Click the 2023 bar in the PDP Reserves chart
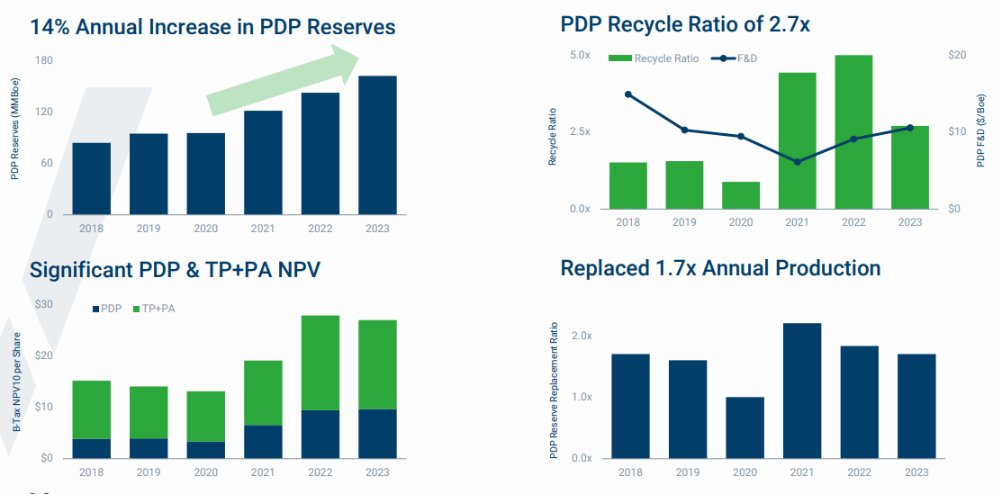coord(376,145)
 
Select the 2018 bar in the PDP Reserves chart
coord(91,178)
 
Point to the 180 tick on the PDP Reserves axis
coord(43,60)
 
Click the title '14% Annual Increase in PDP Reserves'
coord(212,26)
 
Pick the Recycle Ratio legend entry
coord(654,58)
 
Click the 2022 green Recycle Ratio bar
coord(853,131)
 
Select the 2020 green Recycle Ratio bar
coord(741,194)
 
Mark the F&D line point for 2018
coord(628,94)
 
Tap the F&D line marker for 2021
coord(797,162)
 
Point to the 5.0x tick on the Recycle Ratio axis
coord(580,55)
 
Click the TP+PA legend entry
coord(153,309)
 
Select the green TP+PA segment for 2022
coord(320,363)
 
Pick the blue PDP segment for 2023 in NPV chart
coord(376,433)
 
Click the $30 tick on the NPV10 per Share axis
coord(43,304)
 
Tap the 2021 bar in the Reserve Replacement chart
coord(802,390)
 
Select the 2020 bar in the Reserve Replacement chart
coord(745,427)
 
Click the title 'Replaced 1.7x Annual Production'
coord(719,268)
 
